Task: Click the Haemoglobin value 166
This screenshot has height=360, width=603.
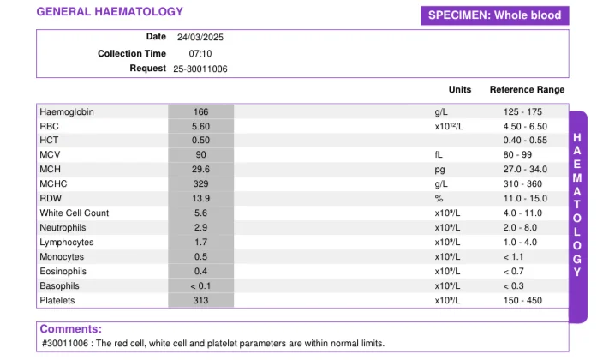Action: (200, 111)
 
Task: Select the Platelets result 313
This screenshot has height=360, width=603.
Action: (200, 300)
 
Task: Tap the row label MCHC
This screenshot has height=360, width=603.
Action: (53, 183)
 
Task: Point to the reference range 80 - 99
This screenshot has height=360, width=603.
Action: (517, 154)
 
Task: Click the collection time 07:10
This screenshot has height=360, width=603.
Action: (200, 53)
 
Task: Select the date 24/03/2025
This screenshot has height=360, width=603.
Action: (200, 38)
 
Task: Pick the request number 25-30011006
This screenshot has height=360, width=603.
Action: (200, 69)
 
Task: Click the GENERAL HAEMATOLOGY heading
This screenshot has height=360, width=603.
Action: (110, 11)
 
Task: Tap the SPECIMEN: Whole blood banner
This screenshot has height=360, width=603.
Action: (495, 15)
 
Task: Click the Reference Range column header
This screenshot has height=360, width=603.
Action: (528, 90)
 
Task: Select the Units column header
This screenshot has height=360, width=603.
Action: (460, 90)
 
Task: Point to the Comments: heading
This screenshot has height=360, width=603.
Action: (71, 329)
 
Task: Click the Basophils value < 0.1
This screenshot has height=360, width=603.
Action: (200, 285)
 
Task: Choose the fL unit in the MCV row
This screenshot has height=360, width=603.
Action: (439, 154)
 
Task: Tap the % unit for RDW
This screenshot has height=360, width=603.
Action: (439, 198)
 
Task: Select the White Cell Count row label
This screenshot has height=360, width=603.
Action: (75, 213)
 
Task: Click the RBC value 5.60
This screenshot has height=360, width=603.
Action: (200, 126)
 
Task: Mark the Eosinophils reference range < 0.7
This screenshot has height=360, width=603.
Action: (514, 271)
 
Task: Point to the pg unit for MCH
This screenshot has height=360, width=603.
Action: (440, 170)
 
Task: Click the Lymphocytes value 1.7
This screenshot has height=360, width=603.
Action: (200, 243)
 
